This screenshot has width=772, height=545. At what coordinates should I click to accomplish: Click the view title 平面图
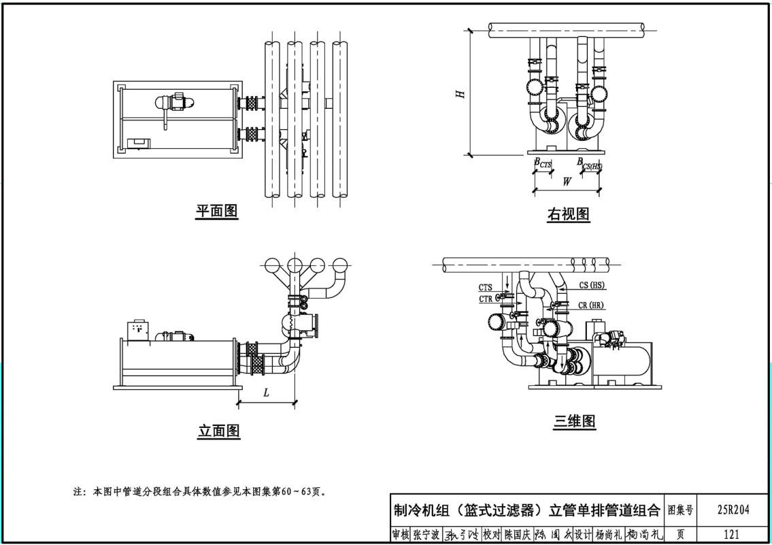point(217,212)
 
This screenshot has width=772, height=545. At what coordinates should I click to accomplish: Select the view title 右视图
point(568,214)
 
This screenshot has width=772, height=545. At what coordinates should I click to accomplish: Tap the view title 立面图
point(219,431)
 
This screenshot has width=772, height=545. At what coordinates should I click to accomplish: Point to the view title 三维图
point(574,421)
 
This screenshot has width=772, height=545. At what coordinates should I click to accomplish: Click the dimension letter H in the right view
point(460,94)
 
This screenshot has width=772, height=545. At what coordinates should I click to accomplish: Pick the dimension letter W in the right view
point(566,182)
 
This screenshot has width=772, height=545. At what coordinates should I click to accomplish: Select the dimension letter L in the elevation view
point(266,393)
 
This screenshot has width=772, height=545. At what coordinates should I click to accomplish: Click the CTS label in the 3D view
point(485,288)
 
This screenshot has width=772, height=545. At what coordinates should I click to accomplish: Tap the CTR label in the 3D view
point(485,299)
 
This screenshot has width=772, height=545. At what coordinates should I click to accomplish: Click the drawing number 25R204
point(733,510)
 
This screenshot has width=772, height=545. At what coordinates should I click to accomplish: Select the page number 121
point(732,535)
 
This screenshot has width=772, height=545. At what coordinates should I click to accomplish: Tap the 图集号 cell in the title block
point(680,510)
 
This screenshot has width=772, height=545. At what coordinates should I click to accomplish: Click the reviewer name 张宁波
point(426,535)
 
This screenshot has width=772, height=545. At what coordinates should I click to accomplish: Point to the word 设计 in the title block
point(583,535)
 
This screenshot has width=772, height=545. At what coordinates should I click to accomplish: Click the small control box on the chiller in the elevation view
point(139,329)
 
